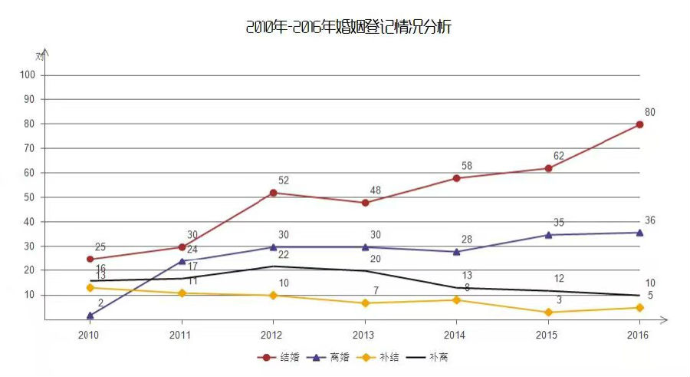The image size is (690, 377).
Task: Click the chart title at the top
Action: [349, 28]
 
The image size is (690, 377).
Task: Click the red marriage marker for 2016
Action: [639, 124]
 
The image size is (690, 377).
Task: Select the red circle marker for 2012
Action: [273, 193]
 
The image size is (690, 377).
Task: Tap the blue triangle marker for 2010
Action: [90, 315]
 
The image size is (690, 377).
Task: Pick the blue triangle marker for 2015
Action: [548, 234]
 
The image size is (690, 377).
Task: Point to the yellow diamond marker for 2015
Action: [548, 313]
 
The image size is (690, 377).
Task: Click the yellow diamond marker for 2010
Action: [90, 287]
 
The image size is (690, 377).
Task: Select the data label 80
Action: [650, 112]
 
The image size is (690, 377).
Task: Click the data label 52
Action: [284, 180]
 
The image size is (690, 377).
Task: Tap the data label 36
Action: [650, 220]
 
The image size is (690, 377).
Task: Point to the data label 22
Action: [284, 255]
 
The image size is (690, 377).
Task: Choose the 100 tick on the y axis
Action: [28, 75]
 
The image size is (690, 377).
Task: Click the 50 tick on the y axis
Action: [28, 197]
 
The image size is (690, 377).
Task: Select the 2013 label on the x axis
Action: [364, 335]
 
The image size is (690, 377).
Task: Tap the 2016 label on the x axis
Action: [637, 335]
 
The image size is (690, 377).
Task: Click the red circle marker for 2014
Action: [456, 178]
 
